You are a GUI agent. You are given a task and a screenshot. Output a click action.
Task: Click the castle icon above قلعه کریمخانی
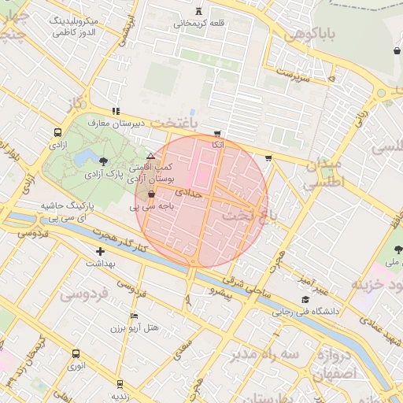click(198, 11)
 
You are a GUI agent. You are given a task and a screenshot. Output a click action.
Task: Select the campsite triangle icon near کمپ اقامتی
click(150, 157)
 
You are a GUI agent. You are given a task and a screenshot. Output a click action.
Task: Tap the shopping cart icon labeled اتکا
click(217, 134)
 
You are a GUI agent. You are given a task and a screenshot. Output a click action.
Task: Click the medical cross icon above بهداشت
click(100, 252)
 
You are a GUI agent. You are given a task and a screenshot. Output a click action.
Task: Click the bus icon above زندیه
click(119, 384)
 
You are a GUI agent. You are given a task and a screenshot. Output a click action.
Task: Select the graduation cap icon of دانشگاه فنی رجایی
click(305, 299)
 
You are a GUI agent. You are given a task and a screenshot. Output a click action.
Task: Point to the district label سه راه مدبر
click(264, 354)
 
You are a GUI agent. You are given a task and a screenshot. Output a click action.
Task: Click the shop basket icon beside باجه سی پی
click(151, 194)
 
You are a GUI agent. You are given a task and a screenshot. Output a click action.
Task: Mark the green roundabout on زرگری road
click(381, 93)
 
